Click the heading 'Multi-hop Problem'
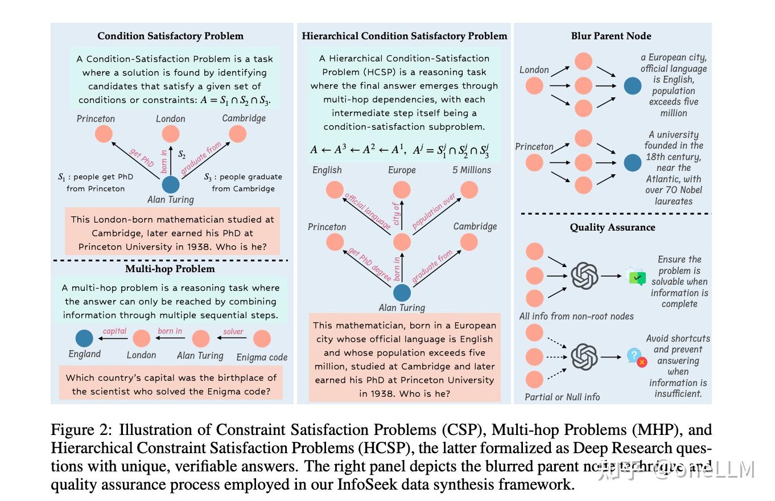170,269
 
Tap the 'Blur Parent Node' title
611,36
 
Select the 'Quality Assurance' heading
612,227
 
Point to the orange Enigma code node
262,339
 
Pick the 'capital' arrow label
114,331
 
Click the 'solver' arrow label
233,331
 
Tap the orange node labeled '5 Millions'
469,190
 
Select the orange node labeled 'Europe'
402,190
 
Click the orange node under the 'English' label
335,190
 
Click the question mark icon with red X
637,357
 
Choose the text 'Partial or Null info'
562,397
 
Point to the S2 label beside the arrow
182,154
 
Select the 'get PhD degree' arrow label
370,265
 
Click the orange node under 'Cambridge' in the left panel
237,134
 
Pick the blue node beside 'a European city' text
632,86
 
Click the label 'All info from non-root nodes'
576,316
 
